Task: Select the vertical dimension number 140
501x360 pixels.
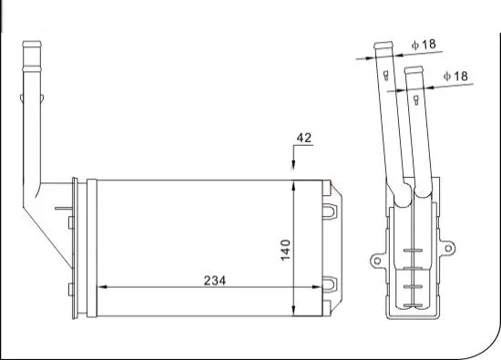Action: pyautogui.click(x=284, y=248)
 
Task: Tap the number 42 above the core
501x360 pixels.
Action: pyautogui.click(x=304, y=139)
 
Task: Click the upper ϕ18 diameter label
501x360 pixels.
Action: pyautogui.click(x=424, y=44)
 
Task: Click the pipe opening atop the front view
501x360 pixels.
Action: pyautogui.click(x=32, y=42)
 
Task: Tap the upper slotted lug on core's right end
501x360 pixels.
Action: pyautogui.click(x=331, y=211)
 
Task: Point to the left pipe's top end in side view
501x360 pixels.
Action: pyautogui.click(x=383, y=45)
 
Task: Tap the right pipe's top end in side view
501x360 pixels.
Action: pyautogui.click(x=414, y=69)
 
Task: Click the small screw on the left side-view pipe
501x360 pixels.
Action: pyautogui.click(x=387, y=75)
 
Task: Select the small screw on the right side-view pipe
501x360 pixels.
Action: pyautogui.click(x=418, y=98)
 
